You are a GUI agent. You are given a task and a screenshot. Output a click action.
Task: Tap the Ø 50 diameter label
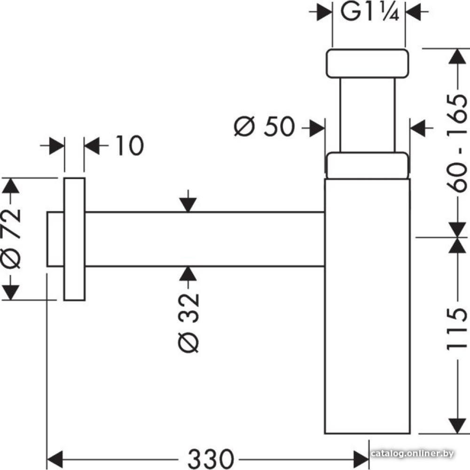coord(264,127)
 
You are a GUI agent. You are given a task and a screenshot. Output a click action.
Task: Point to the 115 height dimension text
coord(456,329)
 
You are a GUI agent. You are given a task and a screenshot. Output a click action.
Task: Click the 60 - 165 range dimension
coord(456,143)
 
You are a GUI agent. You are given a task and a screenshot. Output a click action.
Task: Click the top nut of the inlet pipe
coord(366,63)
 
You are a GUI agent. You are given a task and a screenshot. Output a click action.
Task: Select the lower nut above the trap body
coord(366,165)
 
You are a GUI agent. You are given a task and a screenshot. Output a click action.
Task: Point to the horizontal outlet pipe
coord(204,239)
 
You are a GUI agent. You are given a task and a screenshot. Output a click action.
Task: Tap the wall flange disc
coord(74,239)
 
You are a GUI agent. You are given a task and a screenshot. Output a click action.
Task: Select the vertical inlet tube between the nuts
coord(366,115)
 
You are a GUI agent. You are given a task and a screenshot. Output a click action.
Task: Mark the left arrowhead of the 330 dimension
coord(55,456)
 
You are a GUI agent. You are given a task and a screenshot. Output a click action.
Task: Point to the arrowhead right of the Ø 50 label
coord(317,127)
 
